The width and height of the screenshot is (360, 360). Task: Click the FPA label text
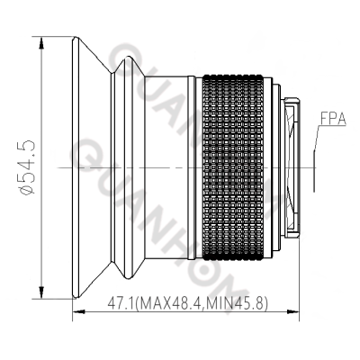click(334, 117)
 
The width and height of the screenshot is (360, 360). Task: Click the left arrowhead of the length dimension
click(76, 311)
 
